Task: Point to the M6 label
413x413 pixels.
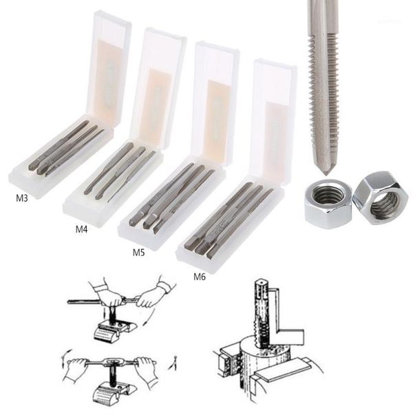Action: point(200,277)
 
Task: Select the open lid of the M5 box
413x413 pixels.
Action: point(215,103)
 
